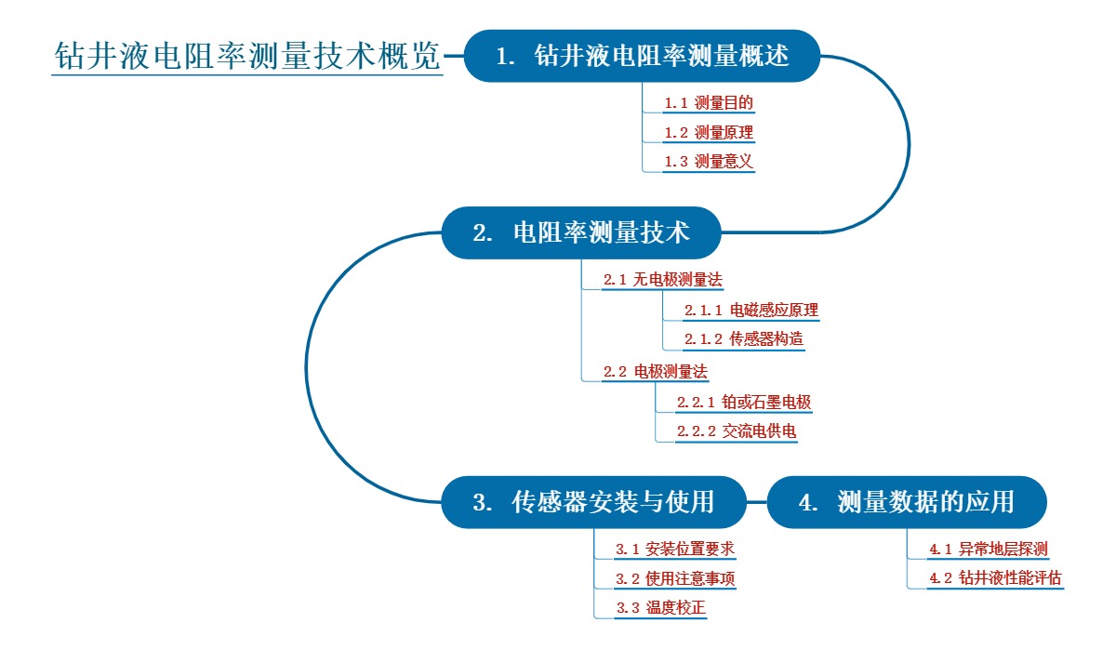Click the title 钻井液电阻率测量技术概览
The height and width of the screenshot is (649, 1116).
point(247,56)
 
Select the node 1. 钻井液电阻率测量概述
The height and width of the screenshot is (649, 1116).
point(642,56)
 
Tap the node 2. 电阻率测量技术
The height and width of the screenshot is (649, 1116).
point(581,232)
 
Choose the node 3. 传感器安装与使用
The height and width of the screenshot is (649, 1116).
point(593,503)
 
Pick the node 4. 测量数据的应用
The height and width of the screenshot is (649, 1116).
point(907,503)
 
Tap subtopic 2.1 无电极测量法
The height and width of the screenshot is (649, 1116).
point(662,279)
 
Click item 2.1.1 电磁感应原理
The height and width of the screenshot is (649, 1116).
point(751,310)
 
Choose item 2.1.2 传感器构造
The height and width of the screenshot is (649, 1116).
point(743,339)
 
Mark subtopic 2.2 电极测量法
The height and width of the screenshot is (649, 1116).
point(655,372)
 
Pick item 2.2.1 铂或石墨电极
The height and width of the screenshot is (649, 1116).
point(743,403)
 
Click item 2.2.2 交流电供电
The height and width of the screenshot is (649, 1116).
point(736,431)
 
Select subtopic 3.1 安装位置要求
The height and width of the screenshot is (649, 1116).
point(675,550)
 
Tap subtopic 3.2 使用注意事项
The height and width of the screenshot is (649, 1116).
point(675,579)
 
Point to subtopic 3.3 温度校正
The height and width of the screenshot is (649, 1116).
point(660,609)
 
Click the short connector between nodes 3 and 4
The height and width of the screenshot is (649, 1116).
point(757,503)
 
